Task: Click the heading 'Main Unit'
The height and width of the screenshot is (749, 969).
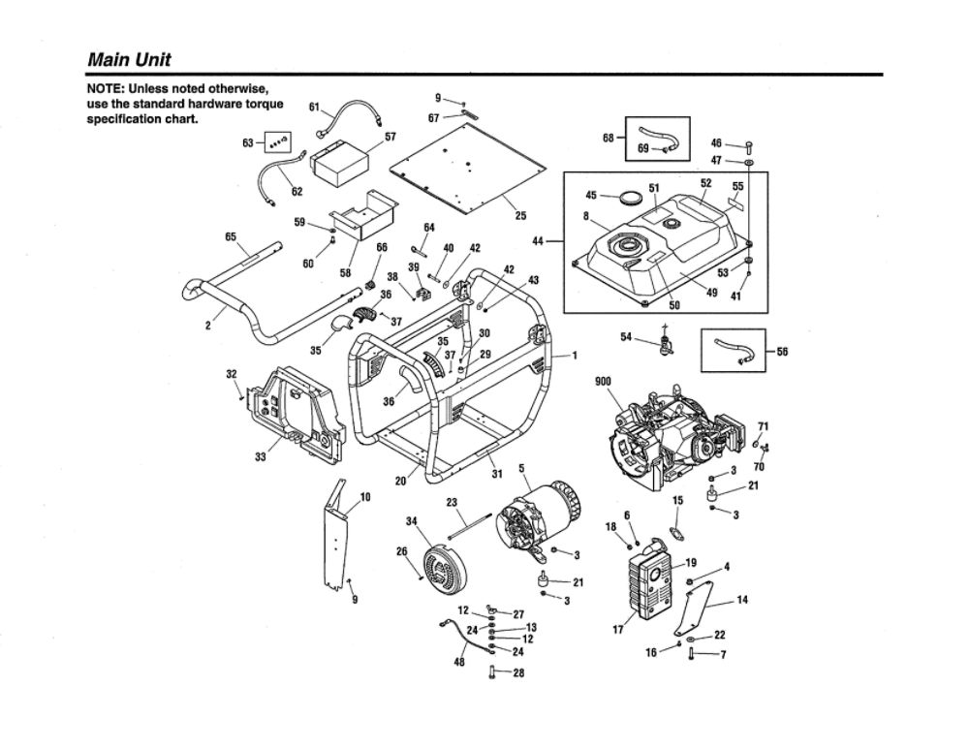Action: pyautogui.click(x=129, y=60)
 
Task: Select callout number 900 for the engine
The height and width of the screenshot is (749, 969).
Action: pyautogui.click(x=603, y=382)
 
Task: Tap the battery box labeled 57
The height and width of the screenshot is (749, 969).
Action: pyautogui.click(x=339, y=164)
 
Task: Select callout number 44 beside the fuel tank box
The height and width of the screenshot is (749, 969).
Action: pyautogui.click(x=537, y=241)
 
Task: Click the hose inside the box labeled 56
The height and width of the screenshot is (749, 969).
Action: pyautogui.click(x=733, y=350)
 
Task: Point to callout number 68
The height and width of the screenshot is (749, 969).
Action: pyautogui.click(x=609, y=138)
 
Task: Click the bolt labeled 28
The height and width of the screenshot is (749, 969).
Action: pyautogui.click(x=493, y=671)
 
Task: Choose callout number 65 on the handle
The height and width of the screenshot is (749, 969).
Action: pyautogui.click(x=231, y=236)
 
